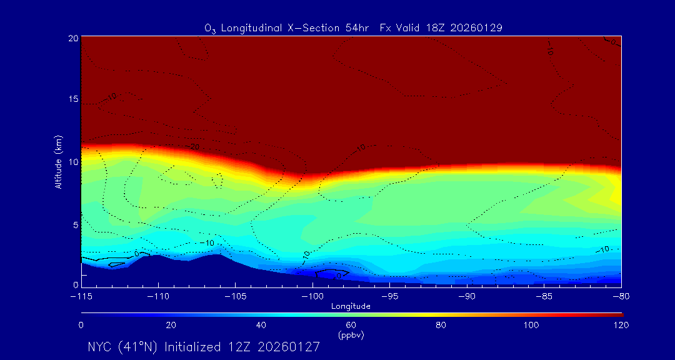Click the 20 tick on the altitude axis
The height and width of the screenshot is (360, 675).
pyautogui.click(x=72, y=38)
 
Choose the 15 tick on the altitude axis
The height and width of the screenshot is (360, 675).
pyautogui.click(x=72, y=100)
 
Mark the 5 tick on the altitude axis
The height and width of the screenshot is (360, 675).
pyautogui.click(x=74, y=224)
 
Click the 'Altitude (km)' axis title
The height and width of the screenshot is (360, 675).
pyautogui.click(x=58, y=162)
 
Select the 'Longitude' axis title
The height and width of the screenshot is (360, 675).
pyautogui.click(x=351, y=306)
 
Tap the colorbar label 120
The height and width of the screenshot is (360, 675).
pyautogui.click(x=621, y=325)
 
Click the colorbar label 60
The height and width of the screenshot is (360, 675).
pyautogui.click(x=351, y=325)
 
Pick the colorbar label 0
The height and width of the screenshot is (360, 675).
pyautogui.click(x=81, y=325)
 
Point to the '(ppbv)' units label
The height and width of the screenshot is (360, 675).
pyautogui.click(x=351, y=335)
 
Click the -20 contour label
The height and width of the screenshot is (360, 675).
pyautogui.click(x=194, y=147)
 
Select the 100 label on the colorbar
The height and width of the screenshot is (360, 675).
pyautogui.click(x=531, y=325)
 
